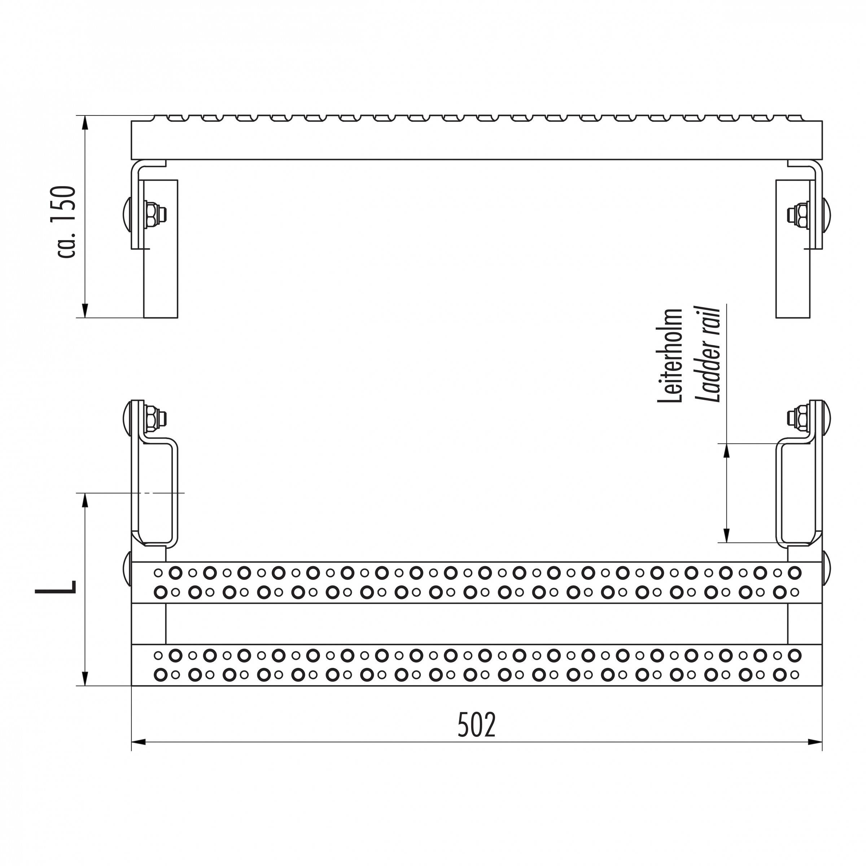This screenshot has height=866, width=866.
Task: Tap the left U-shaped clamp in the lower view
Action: (x=158, y=493)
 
